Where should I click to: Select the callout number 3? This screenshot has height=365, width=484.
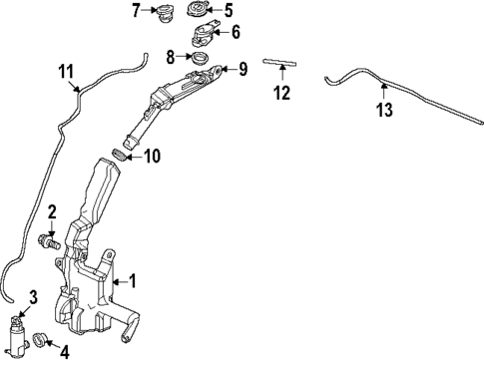pyautogui.click(x=32, y=296)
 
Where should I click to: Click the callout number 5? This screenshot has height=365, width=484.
pyautogui.click(x=228, y=11)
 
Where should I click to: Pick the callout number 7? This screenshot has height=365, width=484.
pyautogui.click(x=137, y=11)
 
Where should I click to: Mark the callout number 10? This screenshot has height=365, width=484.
pyautogui.click(x=152, y=156)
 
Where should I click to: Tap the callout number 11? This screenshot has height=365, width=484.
pyautogui.click(x=67, y=72)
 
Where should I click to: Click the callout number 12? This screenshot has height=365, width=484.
pyautogui.click(x=282, y=94)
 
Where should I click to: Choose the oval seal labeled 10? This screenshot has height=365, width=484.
pyautogui.click(x=120, y=156)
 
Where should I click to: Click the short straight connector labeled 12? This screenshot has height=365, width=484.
pyautogui.click(x=281, y=62)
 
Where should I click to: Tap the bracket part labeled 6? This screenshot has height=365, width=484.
pyautogui.click(x=203, y=36)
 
